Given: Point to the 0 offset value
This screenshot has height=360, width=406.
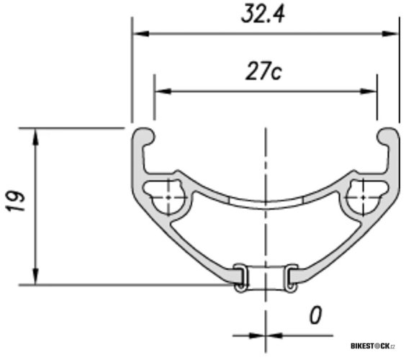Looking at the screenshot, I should pyautogui.click(x=315, y=315).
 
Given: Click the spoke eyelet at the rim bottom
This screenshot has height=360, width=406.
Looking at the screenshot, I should pyautogui.click(x=266, y=278).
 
